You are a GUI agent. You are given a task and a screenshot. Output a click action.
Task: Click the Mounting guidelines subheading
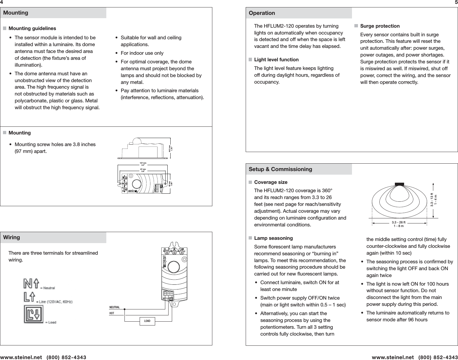[32, 29]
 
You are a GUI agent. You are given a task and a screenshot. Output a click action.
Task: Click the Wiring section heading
[12, 237]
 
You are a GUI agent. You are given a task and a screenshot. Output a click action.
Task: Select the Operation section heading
[262, 13]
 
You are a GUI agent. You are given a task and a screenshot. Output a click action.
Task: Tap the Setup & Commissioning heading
[280, 169]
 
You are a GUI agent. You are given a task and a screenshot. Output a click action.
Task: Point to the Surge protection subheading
[380, 26]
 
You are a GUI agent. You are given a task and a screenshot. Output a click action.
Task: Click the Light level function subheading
[276, 60]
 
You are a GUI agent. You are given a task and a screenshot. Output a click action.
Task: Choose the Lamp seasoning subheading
[273, 238]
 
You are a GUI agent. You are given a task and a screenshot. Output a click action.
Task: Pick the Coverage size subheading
[271, 182]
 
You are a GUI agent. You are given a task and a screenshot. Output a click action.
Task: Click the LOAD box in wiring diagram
[147, 321]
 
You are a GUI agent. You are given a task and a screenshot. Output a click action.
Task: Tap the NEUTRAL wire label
[114, 307]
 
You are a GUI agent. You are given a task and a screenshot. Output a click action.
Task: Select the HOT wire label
[112, 313]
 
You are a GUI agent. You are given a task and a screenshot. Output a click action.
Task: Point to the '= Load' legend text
[50, 322]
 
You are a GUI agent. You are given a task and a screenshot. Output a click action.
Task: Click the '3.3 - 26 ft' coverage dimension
[398, 222]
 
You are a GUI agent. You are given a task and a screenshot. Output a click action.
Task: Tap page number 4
[1, 2]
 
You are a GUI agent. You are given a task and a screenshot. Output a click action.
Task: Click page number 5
[456, 2]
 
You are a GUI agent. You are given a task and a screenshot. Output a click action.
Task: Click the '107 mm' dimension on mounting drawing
[143, 163]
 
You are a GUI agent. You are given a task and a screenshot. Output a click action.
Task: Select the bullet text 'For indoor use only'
[142, 53]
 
